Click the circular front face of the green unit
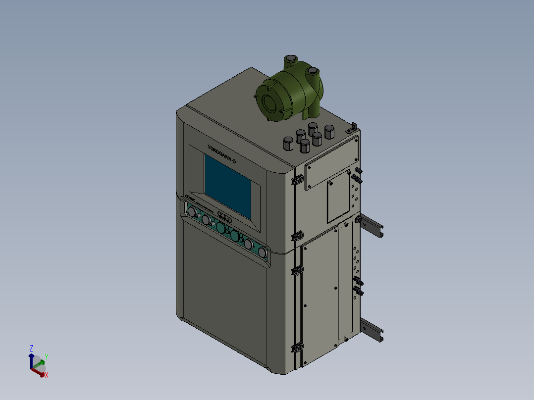[270, 103]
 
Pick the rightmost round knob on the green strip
[262, 253]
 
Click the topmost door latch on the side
[298, 179]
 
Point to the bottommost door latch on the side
[298, 348]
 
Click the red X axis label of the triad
[46, 375]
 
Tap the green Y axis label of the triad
[46, 357]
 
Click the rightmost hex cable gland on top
[329, 132]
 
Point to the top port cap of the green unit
[290, 60]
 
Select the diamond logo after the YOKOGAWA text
[235, 160]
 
